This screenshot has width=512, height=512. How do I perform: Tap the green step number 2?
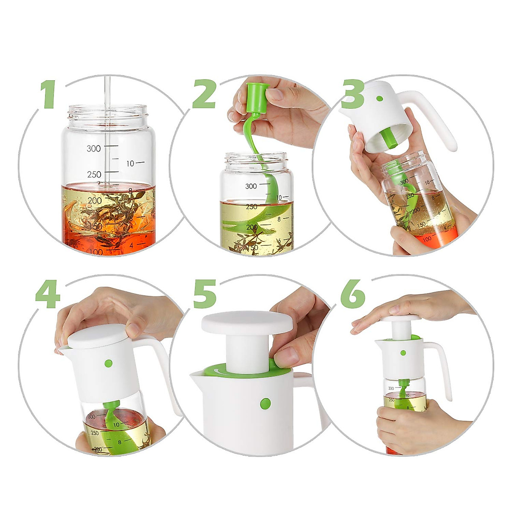point(204,93)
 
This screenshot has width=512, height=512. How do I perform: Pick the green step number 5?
point(204,294)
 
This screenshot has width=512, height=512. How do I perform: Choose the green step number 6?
point(353,294)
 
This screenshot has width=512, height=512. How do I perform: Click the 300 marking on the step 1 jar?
point(94,148)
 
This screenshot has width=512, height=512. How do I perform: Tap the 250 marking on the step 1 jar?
point(94,175)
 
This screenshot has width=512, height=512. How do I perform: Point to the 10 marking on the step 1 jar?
point(130,163)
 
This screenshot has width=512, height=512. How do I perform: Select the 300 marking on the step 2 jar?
point(251,186)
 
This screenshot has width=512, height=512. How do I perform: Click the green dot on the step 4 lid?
point(108,364)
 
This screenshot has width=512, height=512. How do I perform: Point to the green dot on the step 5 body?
point(265,403)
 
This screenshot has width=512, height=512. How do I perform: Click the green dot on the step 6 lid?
point(403,353)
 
